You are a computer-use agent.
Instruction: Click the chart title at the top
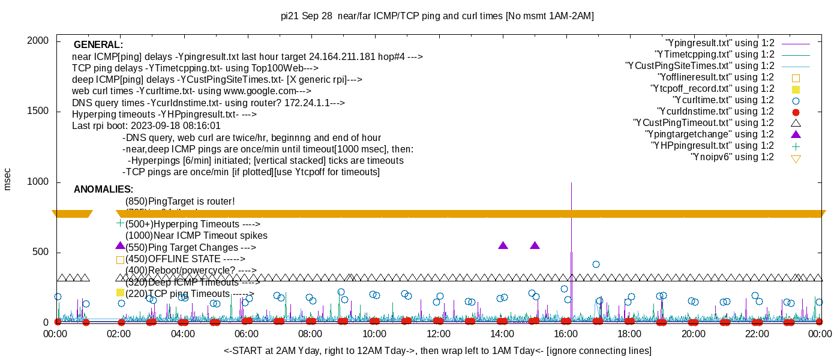click(437, 16)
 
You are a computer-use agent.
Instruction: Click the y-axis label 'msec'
click(7, 179)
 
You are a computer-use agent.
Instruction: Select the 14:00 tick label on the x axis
click(502, 333)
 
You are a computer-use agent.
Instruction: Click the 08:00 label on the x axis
click(310, 333)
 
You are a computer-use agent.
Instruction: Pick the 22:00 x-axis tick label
click(757, 333)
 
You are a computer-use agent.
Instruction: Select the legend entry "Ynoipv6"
click(732, 157)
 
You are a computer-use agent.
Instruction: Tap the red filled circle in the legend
click(796, 112)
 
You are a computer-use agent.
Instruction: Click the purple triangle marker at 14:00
click(503, 245)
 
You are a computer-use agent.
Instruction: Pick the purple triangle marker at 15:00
click(535, 245)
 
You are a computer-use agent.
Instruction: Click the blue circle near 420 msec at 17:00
click(596, 264)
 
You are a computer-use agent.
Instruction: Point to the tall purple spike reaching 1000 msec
click(571, 198)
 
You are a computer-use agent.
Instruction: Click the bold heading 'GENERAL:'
click(98, 45)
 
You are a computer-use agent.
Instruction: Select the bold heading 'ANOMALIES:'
click(103, 190)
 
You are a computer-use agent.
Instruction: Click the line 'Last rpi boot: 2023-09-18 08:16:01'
click(146, 126)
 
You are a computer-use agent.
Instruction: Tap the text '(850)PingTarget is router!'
click(180, 201)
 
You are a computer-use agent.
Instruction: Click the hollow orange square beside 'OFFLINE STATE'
click(120, 260)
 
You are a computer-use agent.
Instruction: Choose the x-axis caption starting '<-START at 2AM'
click(437, 350)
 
